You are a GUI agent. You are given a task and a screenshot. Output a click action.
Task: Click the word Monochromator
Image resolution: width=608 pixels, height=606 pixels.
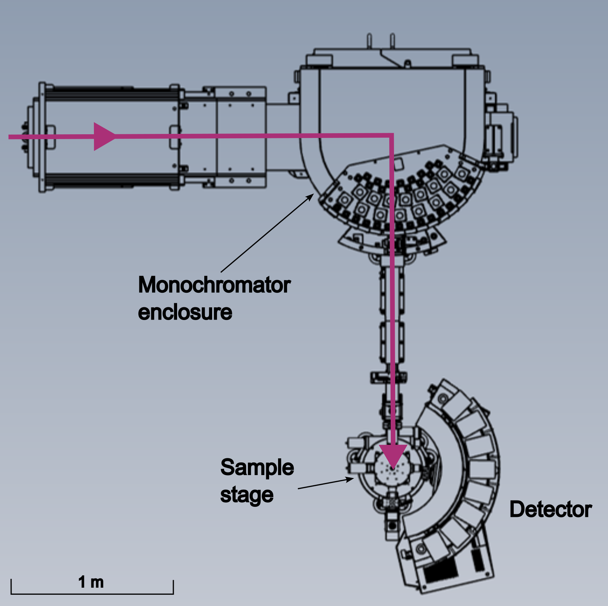click(214, 285)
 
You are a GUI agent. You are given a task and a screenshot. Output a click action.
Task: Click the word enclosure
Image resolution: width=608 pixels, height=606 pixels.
click(185, 313)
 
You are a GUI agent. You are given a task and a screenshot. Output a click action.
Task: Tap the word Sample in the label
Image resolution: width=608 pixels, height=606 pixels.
click(257, 468)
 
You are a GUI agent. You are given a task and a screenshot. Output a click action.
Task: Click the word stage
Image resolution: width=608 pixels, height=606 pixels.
click(247, 495)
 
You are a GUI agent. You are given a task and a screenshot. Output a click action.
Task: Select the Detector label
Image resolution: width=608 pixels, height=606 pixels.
click(550, 509)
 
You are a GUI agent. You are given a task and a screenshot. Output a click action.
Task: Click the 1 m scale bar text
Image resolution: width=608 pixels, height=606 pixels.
click(91, 582)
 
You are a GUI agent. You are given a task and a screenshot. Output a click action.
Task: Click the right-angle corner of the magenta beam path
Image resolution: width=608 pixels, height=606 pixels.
click(391, 136)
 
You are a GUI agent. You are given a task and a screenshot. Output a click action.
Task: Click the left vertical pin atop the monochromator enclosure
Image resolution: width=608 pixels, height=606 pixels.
click(369, 41)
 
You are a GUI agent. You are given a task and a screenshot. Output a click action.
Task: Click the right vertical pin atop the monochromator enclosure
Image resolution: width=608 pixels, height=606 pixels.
click(392, 41)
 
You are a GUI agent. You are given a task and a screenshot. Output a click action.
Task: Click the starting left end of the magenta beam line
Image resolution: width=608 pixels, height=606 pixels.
click(10, 137)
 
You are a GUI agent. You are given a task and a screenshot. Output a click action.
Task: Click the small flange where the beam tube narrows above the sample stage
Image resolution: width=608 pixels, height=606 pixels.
click(388, 377)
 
